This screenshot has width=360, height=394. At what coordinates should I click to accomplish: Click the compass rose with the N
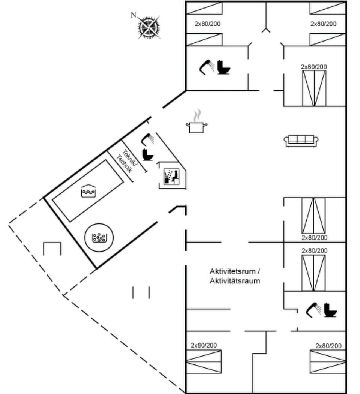[148, 26]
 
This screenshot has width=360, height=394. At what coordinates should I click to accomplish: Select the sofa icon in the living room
[301, 141]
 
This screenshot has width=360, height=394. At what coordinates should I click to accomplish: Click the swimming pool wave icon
[88, 191]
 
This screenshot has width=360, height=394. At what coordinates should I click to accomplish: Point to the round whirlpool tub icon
[99, 238]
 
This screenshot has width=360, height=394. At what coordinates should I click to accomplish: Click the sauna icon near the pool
[172, 175]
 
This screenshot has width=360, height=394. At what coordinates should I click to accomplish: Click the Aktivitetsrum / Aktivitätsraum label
[235, 276]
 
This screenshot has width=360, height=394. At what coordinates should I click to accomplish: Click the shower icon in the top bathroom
[207, 67]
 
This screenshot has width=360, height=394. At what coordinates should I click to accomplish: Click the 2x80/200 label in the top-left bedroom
[207, 24]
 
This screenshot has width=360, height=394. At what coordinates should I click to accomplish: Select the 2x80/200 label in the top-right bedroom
[323, 24]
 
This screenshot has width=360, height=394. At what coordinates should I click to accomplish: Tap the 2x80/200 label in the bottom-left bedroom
[204, 345]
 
